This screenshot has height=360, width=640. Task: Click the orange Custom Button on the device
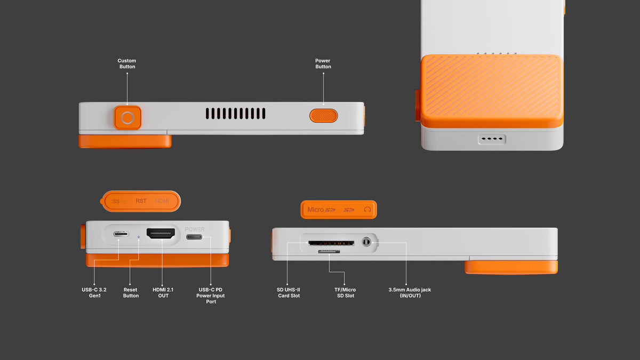point(127,118)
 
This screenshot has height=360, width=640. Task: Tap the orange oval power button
point(323,116)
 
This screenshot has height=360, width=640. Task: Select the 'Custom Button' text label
point(127,63)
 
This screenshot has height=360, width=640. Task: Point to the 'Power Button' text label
point(323,63)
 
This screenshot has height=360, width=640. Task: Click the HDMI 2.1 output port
point(161,233)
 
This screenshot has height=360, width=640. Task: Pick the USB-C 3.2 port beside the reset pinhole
point(121,234)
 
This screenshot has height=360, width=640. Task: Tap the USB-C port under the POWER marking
point(194,237)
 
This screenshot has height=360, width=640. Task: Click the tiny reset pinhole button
point(139,237)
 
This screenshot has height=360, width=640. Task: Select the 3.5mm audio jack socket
point(366,242)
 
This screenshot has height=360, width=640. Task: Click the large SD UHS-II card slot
point(331,243)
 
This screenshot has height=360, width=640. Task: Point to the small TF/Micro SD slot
point(329,252)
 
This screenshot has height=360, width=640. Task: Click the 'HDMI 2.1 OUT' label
point(163,293)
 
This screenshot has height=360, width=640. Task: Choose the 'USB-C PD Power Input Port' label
point(211,295)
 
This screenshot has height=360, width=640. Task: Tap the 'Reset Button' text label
point(131,293)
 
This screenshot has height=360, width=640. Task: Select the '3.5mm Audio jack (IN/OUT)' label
point(410,293)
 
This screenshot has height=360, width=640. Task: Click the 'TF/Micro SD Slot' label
point(345,293)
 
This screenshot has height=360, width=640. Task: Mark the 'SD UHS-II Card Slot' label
point(289,293)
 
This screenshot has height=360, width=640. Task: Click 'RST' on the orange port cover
point(141,201)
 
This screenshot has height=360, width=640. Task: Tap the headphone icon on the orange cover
point(367,210)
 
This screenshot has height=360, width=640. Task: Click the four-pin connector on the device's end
point(492,139)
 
